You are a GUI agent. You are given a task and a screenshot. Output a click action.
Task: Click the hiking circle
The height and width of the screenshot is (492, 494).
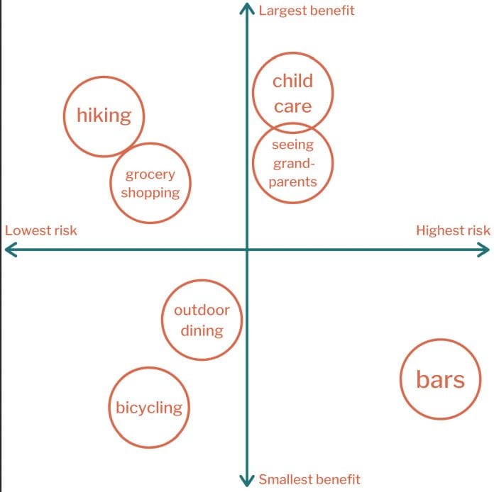pyautogui.click(x=64, y=116)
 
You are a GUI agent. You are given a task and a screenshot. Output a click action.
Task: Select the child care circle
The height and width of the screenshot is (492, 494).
pyautogui.click(x=253, y=93)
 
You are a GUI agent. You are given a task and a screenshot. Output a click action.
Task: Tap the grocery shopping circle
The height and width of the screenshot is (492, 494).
pyautogui.click(x=110, y=183)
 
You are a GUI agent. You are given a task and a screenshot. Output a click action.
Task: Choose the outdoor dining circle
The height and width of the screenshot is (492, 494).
pyautogui.click(x=162, y=320)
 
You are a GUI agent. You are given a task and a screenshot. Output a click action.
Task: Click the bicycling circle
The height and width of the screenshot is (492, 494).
pyautogui.click(x=109, y=408)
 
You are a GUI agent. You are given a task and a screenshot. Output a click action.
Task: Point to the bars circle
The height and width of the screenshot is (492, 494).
pyautogui.click(x=400, y=379)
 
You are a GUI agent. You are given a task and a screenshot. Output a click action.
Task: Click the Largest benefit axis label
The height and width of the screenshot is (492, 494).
pyautogui.click(x=307, y=11)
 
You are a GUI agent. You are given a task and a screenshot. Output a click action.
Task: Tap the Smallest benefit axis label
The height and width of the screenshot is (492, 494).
pyautogui.click(x=309, y=479)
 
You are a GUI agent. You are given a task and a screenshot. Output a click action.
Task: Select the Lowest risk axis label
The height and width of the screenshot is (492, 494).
pyautogui.click(x=41, y=230)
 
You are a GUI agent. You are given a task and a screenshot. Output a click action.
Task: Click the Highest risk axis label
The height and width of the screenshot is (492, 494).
pyautogui.click(x=453, y=230)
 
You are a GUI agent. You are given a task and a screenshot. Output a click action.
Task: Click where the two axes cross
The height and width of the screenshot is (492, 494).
pyautogui.click(x=247, y=250)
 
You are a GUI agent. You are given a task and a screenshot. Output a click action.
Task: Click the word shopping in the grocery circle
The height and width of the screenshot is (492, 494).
pyautogui.click(x=150, y=193)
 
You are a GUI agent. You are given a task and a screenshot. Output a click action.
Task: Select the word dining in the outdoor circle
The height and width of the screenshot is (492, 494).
pyautogui.click(x=202, y=330)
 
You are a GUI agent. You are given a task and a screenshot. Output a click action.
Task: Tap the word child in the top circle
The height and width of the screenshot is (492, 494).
pyautogui.click(x=292, y=81)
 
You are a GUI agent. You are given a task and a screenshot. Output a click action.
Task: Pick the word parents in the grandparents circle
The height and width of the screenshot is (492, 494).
pyautogui.click(x=292, y=182)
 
